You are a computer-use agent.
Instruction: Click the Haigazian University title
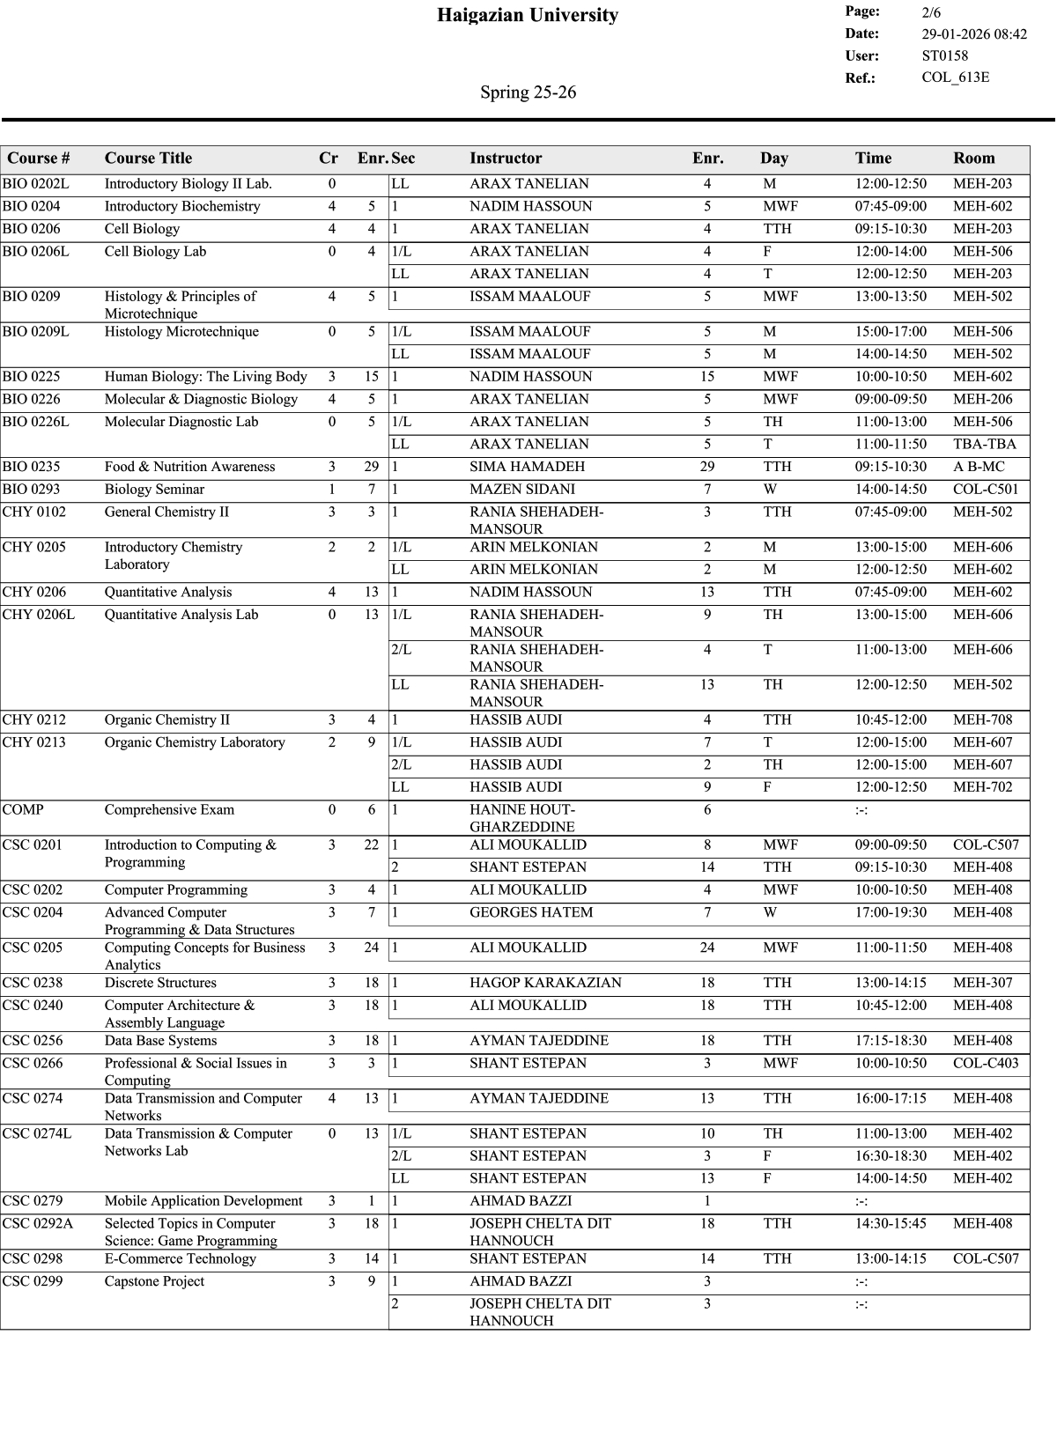point(528,15)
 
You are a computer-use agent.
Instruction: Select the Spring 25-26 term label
point(528,92)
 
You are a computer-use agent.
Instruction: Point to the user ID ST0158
point(944,55)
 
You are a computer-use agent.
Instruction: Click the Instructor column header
point(506,159)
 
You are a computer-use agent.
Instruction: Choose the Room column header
point(973,159)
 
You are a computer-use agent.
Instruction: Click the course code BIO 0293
point(31,490)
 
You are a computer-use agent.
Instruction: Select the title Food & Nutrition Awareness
point(189,467)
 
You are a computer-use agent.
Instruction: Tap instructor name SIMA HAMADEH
point(527,467)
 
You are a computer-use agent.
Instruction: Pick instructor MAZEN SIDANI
point(521,490)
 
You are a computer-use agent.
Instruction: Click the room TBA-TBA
point(984,445)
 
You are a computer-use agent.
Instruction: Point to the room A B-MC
point(978,467)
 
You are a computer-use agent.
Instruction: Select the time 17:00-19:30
point(891,913)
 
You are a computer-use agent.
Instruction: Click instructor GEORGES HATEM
point(531,913)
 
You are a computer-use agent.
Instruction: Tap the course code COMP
point(23,810)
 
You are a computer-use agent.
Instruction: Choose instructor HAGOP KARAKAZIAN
point(545,984)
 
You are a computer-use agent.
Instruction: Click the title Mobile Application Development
point(203,1201)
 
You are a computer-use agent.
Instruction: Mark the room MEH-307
point(982,984)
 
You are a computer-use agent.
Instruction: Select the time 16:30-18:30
point(891,1156)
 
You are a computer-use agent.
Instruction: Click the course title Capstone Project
point(154,1282)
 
